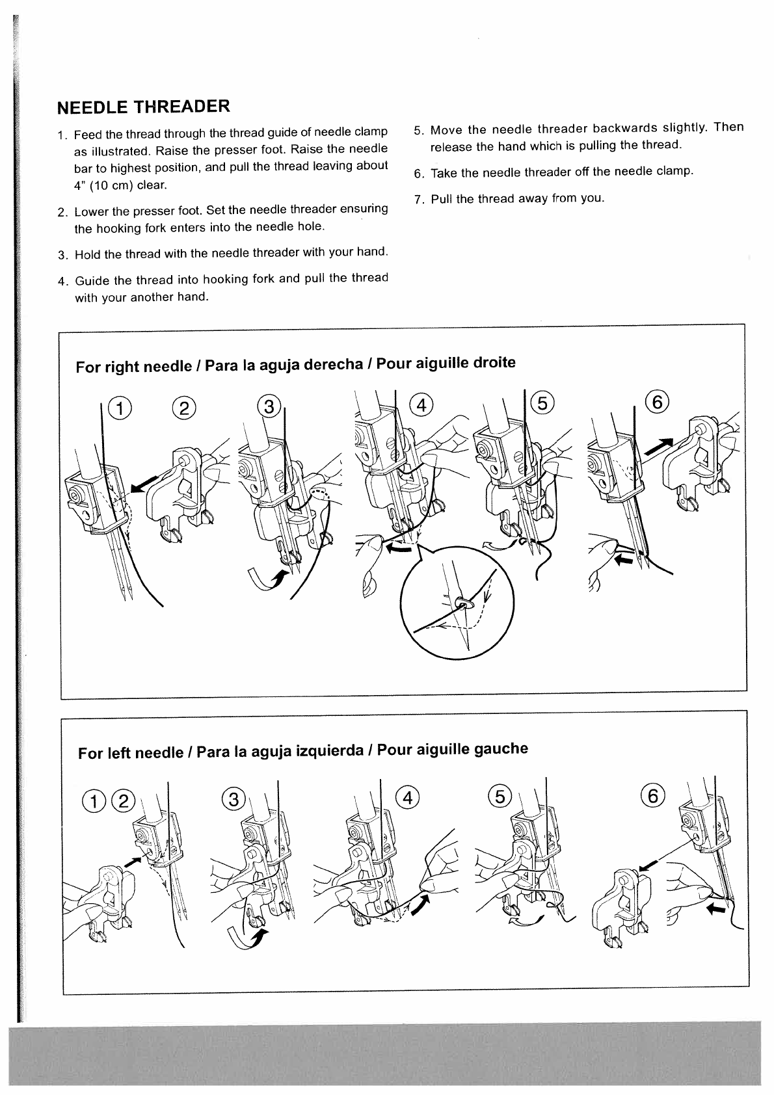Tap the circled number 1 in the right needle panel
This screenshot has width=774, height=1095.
coord(120,408)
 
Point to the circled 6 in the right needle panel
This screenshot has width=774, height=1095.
coord(657,402)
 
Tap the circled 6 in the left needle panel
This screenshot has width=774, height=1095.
coord(653,795)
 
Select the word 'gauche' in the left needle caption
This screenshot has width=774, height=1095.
coord(501,749)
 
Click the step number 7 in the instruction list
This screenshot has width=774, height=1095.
coord(418,199)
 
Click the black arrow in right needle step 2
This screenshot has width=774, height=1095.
coord(144,484)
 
